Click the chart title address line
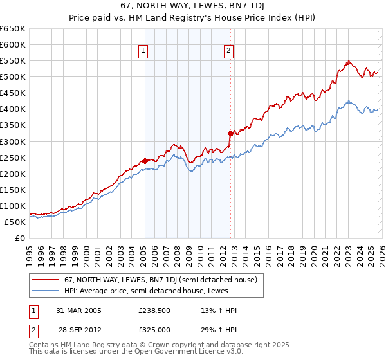click(193, 5)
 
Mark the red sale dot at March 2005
click(145, 161)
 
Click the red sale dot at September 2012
click(230, 133)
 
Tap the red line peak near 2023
click(348, 61)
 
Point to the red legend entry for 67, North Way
click(161, 280)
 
